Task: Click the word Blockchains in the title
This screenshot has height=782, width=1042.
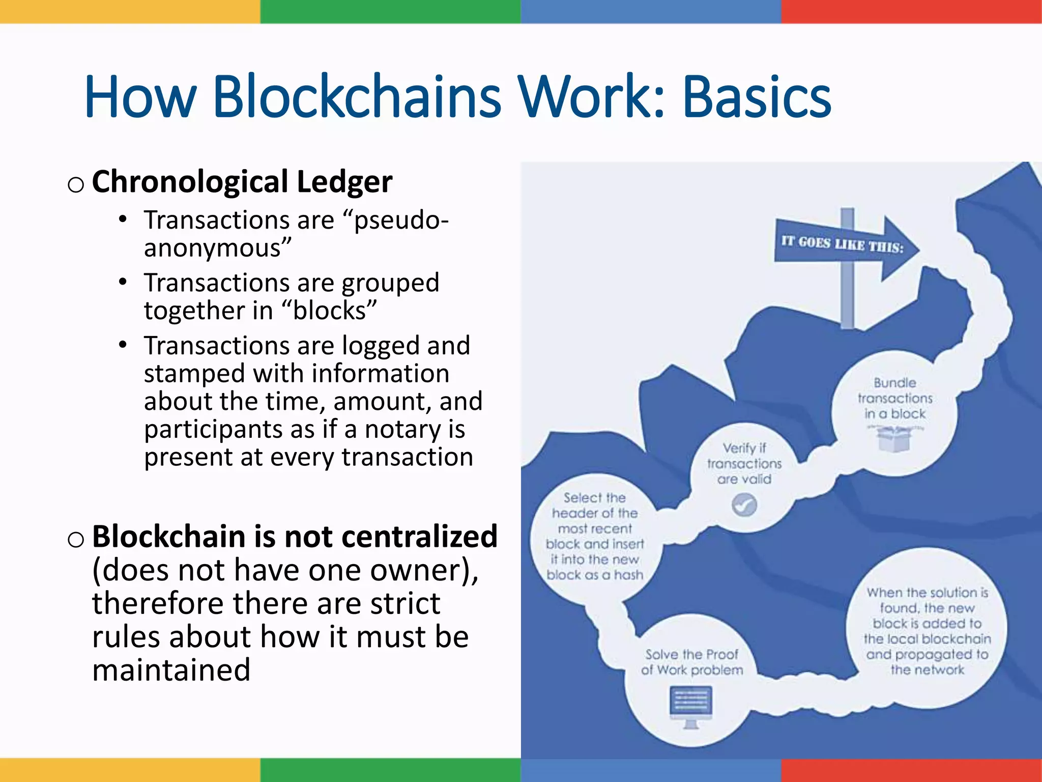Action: click(356, 97)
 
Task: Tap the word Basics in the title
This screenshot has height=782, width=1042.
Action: click(757, 97)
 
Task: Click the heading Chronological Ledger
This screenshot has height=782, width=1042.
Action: click(242, 182)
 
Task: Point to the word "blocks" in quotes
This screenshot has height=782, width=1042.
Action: click(329, 311)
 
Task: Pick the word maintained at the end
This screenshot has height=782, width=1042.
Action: click(171, 670)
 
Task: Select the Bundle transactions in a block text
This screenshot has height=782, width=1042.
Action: click(895, 398)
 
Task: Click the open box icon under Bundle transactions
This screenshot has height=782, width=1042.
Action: click(894, 438)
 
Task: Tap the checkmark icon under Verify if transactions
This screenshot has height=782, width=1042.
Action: click(744, 505)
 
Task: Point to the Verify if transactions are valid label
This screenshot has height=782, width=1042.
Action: click(744, 463)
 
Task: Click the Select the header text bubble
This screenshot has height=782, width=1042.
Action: click(595, 536)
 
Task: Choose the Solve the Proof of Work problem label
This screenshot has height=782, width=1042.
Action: click(692, 662)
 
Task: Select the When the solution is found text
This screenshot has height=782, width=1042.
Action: click(927, 631)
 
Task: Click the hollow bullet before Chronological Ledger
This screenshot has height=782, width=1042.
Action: click(75, 184)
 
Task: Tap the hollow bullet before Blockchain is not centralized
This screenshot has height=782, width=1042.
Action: click(75, 539)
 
